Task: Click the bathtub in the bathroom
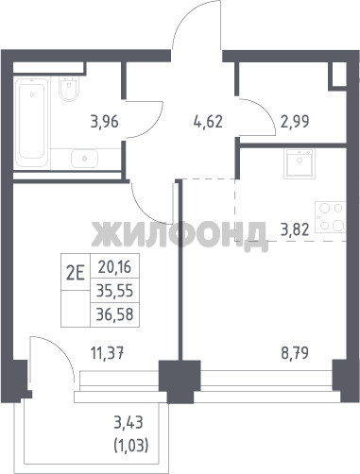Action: pos(31,122)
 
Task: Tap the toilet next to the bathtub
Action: pos(69,89)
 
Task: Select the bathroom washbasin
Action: pos(84,159)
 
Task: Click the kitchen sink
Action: pos(300,163)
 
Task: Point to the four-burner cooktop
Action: pos(331,217)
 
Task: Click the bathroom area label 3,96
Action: pos(105,122)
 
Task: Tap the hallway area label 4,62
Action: pos(208,122)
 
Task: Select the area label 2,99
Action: pos(295,122)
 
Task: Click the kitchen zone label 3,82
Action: pos(295,230)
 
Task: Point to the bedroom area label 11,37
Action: pos(107,353)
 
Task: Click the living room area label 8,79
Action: pos(295,353)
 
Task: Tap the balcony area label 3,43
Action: pos(129,422)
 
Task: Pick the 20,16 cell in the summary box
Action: pos(114,267)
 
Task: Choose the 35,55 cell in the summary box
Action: pos(114,291)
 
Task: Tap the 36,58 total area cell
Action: pos(114,314)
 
